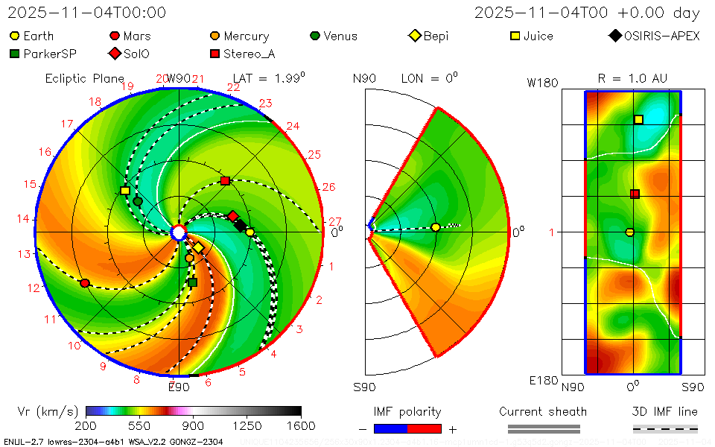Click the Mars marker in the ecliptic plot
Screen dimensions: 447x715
click(85, 283)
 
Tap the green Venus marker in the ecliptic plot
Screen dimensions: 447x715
click(138, 201)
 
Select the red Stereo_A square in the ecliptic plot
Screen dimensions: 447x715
click(225, 181)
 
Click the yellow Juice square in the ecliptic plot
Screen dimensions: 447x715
click(125, 191)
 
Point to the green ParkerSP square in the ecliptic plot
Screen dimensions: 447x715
click(192, 282)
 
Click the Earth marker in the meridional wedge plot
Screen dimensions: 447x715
click(435, 227)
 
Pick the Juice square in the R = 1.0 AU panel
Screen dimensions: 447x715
click(638, 119)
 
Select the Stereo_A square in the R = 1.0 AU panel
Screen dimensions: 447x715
click(635, 194)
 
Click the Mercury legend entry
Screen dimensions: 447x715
click(239, 36)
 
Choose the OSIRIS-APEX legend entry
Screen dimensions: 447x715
click(655, 36)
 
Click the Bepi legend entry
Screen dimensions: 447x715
click(429, 36)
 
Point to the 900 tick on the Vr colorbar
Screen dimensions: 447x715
click(194, 426)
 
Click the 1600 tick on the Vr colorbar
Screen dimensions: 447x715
click(301, 426)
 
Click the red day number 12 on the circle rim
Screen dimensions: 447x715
click(33, 288)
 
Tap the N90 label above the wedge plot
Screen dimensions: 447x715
click(364, 78)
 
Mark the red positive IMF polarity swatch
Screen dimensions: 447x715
click(425, 428)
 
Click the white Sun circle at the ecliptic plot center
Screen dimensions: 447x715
click(179, 232)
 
